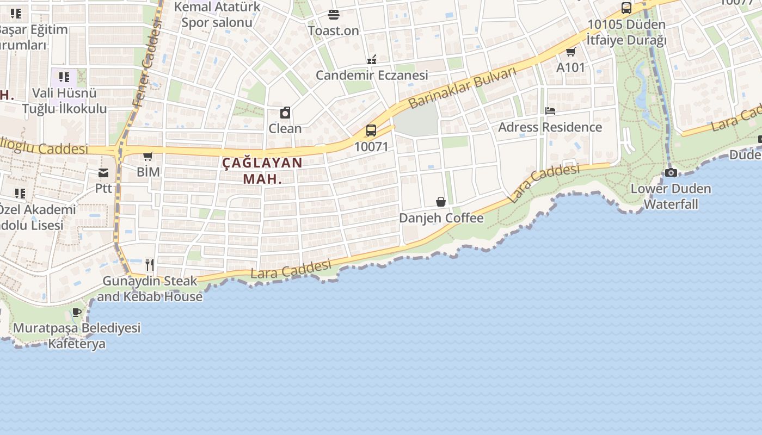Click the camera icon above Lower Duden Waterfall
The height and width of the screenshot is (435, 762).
tap(671, 173)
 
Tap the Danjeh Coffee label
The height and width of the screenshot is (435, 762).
tap(441, 218)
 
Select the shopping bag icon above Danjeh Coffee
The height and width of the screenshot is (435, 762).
tap(441, 202)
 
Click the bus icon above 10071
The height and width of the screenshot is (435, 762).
tap(371, 130)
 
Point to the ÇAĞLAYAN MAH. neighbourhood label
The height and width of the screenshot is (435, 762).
tap(262, 171)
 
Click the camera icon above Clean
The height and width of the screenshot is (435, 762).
tap(285, 113)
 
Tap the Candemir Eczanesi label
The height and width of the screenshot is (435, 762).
tap(372, 76)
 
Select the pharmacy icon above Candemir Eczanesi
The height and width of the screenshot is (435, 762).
tap(372, 59)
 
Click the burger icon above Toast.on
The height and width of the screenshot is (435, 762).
tap(334, 15)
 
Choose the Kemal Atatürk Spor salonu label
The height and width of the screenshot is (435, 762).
tap(217, 15)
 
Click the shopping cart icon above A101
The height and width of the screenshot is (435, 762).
tap(570, 52)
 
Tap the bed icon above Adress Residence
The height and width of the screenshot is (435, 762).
tap(550, 111)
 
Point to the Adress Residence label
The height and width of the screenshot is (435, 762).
tap(550, 127)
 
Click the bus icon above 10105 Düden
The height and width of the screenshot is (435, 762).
tap(626, 8)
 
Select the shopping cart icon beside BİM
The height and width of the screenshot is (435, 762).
tap(148, 157)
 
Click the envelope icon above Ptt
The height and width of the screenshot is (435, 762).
tap(103, 173)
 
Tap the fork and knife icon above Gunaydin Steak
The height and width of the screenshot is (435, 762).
tap(150, 265)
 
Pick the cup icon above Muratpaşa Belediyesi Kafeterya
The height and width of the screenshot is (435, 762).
tap(77, 313)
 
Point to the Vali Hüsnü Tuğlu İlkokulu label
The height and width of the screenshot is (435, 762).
tap(64, 101)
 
